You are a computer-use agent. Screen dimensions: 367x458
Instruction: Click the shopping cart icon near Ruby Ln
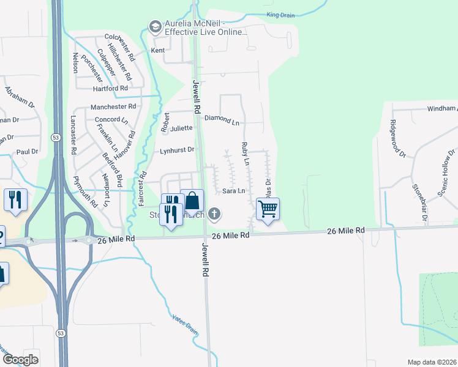tap(268, 209)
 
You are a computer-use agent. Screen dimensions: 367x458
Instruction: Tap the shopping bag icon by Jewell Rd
tap(192, 201)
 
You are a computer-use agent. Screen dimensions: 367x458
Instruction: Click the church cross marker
tap(214, 213)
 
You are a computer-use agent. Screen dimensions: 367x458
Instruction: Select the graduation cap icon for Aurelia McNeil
tap(154, 26)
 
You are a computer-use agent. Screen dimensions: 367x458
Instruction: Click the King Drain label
tap(281, 14)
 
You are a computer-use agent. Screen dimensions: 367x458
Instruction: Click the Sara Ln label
tap(233, 191)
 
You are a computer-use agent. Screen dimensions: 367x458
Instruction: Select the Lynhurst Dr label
tap(177, 149)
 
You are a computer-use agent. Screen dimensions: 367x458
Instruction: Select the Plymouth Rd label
tap(85, 193)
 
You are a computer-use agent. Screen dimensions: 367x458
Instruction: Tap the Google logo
tap(20, 360)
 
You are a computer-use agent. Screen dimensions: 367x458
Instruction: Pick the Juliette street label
tap(182, 128)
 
